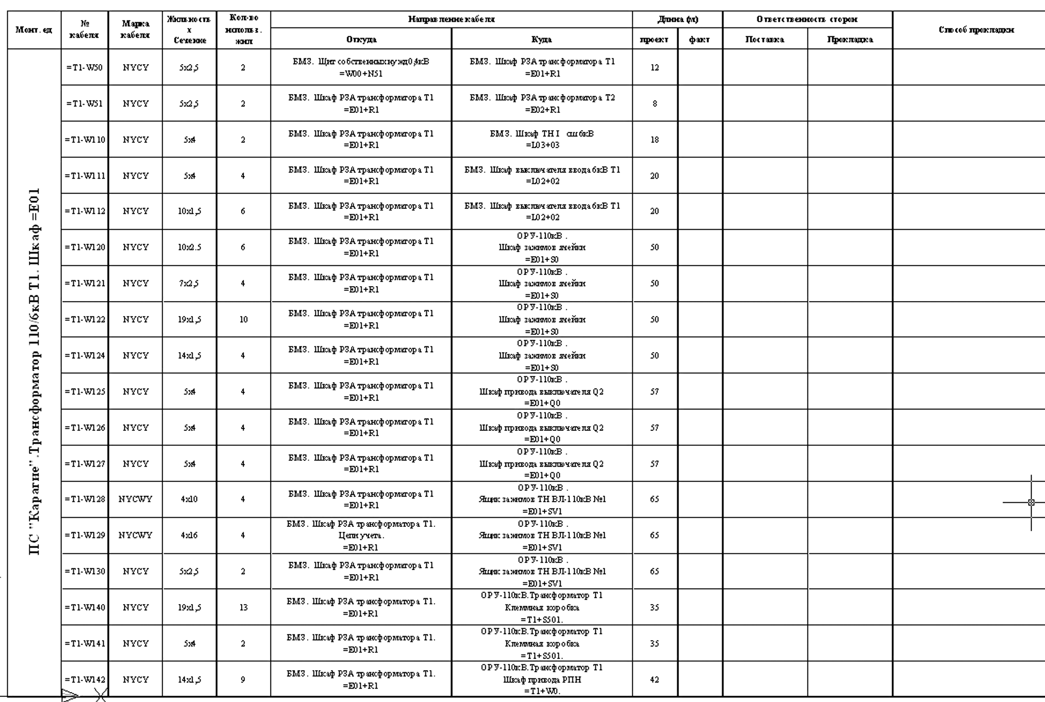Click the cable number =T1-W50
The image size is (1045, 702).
point(84,68)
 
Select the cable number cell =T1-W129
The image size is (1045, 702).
point(84,536)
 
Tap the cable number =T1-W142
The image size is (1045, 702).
point(84,679)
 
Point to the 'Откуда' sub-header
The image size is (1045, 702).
point(361,39)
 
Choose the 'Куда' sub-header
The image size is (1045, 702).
point(542,39)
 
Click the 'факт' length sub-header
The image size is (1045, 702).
point(699,40)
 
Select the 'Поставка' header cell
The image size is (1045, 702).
point(764,40)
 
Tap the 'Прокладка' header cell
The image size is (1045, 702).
point(850,40)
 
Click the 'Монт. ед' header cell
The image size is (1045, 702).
point(34,30)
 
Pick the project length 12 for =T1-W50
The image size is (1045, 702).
point(654,68)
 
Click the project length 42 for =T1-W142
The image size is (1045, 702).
point(654,679)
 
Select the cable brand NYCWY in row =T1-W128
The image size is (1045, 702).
point(136,499)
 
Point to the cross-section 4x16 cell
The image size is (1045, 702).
point(189,536)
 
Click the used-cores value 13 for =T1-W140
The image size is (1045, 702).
point(243,607)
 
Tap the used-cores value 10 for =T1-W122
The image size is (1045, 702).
point(243,319)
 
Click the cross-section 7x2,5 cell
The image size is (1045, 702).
point(189,283)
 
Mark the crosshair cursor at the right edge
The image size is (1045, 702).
point(1031,502)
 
